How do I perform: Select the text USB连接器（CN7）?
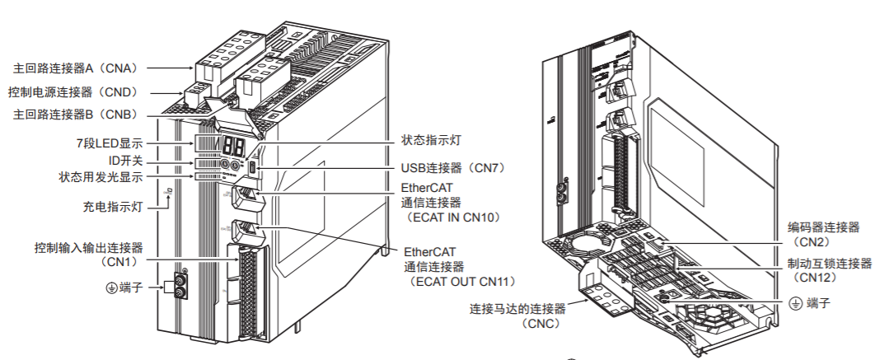click(452, 167)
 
